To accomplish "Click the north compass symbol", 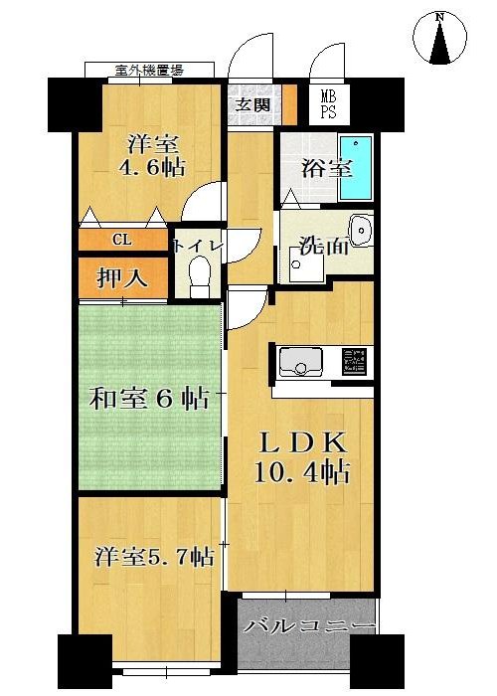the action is (x=439, y=38).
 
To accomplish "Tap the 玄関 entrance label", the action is (x=252, y=104).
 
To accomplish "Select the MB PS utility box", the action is (x=329, y=103).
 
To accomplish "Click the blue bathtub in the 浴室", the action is (x=355, y=168).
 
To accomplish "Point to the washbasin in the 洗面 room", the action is (x=361, y=230).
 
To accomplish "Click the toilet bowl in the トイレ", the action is (x=199, y=276).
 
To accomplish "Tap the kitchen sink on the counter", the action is (x=300, y=362).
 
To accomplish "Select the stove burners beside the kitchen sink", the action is (x=354, y=360).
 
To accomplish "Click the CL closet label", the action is (x=122, y=241).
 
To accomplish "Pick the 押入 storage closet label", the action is (x=122, y=278).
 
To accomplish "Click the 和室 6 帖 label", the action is (x=149, y=398).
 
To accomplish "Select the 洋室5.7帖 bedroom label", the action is (x=154, y=556).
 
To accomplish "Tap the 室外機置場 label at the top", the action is (x=149, y=70).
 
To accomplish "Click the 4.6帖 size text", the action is (x=151, y=168).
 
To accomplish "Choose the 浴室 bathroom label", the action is (x=327, y=168).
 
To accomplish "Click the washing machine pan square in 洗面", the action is (x=306, y=264).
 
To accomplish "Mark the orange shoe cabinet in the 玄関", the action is (x=290, y=104).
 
